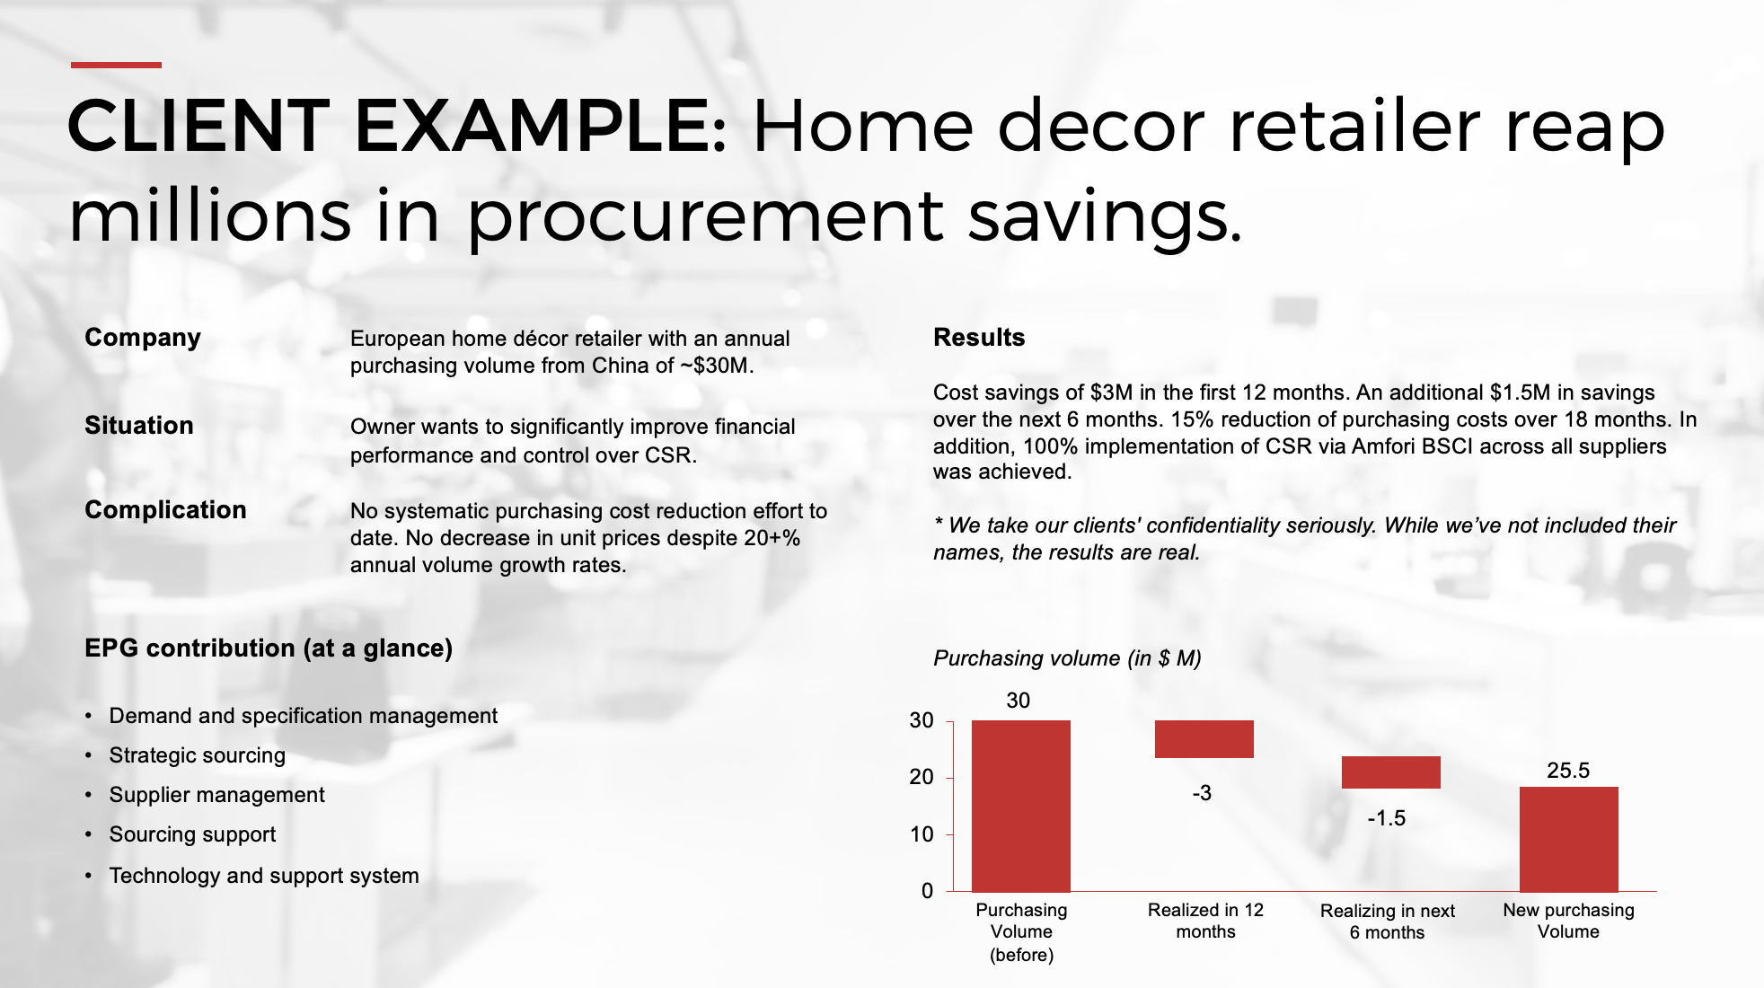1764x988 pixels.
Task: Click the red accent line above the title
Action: pos(116,65)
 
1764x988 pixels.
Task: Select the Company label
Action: pos(143,338)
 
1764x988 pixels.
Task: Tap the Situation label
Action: pos(139,426)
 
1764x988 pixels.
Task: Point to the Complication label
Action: pos(165,510)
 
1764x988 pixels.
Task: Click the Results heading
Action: pos(979,338)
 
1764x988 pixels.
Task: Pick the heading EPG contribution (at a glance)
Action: pos(269,648)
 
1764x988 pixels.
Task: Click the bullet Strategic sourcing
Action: pos(198,755)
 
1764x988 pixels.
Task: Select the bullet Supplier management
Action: pos(217,795)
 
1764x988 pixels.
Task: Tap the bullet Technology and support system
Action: pos(264,876)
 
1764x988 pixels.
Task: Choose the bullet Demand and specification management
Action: pos(304,716)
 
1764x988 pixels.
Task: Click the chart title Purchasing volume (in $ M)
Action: pos(1067,658)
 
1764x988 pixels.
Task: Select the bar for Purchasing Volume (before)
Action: pos(1021,806)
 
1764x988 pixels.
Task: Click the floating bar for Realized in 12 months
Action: pos(1204,739)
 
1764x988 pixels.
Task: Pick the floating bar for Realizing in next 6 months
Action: pos(1391,772)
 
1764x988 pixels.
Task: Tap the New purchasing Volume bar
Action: pos(1569,839)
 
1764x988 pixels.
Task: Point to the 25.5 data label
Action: pos(1568,771)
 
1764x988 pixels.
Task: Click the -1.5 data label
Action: pos(1387,818)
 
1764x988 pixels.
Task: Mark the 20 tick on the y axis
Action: pos(922,777)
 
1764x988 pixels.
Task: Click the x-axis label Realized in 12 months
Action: pos(1205,921)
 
